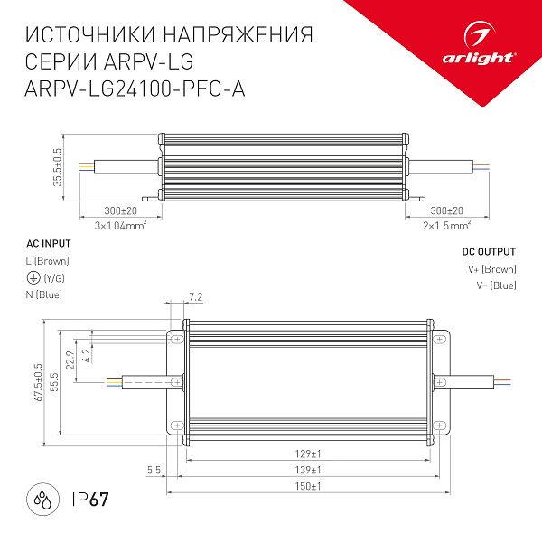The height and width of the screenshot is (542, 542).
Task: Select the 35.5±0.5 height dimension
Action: [x=58, y=167]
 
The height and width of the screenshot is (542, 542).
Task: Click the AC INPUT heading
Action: [x=48, y=244]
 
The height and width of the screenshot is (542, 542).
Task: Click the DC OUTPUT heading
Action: [x=489, y=252]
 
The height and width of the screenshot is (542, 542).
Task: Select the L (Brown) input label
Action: [x=48, y=261]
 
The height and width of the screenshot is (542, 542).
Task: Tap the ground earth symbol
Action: [x=33, y=278]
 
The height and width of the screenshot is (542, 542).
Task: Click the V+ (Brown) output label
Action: [x=491, y=269]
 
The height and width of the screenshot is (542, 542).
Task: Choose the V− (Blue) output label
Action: [x=496, y=285]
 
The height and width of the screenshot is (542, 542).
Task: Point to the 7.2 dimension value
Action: [x=196, y=296]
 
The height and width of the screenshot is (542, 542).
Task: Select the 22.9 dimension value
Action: [x=70, y=359]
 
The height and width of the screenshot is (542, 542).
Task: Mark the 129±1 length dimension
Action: [x=309, y=453]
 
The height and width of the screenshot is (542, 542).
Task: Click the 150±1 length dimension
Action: [x=309, y=487]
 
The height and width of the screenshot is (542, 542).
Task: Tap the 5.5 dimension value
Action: [x=153, y=471]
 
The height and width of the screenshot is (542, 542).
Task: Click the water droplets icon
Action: [x=42, y=499]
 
